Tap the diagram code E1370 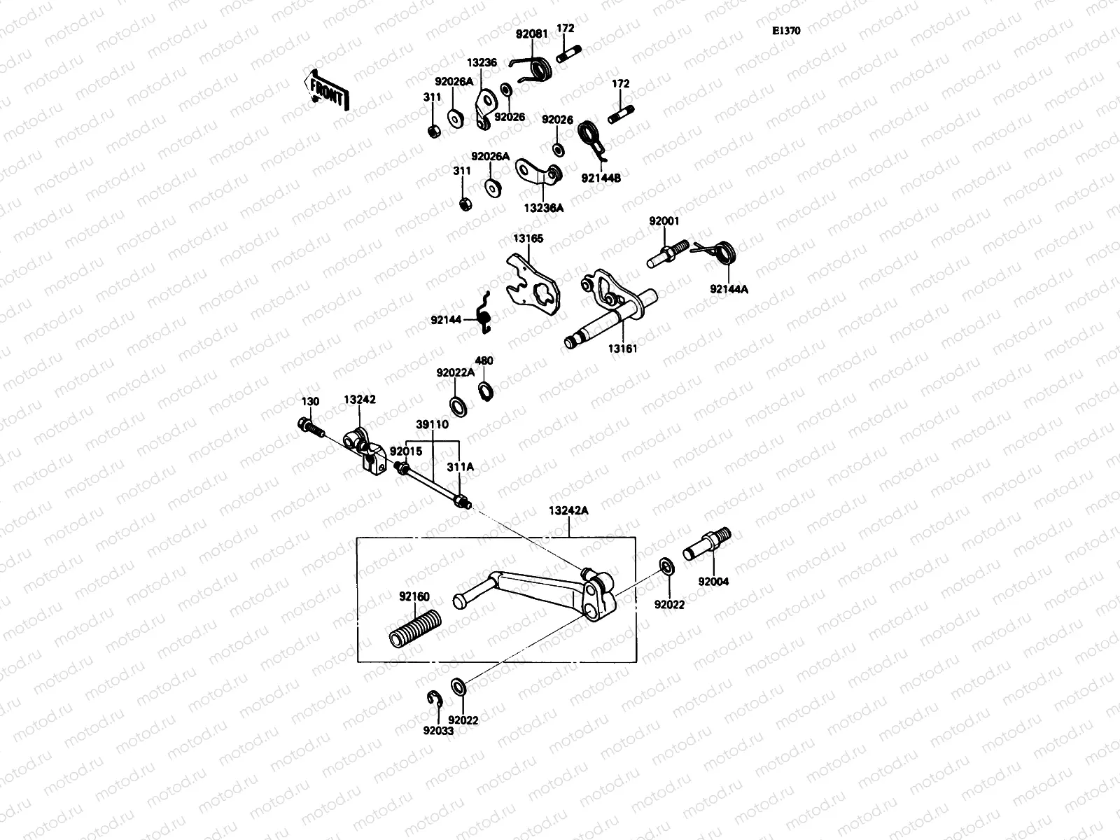pos(786,31)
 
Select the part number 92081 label pos(530,33)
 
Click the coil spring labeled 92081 pos(540,68)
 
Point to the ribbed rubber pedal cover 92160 pos(416,628)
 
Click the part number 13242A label pos(569,511)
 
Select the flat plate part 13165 pos(534,283)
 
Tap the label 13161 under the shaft pos(622,348)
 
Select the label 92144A pos(729,288)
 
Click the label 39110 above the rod pos(432,424)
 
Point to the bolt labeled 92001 pos(664,253)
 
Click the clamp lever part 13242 pos(365,449)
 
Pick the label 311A pos(460,465)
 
